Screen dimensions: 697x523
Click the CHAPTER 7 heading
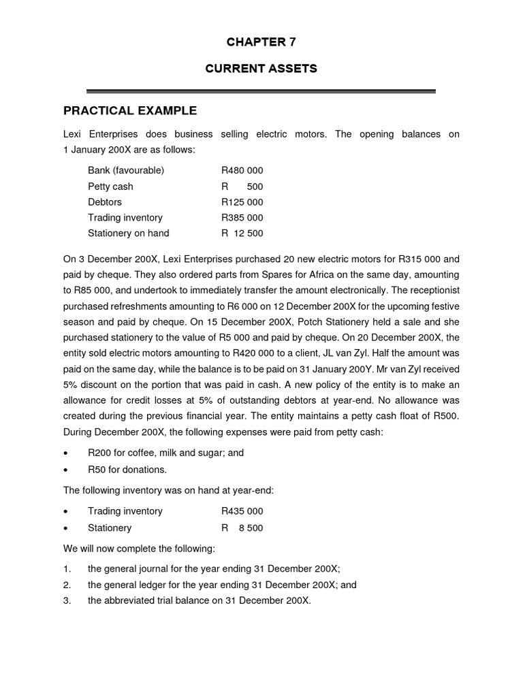[261, 42]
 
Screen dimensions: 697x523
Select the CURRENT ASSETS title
[261, 69]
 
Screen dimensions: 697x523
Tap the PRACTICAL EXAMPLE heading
[130, 110]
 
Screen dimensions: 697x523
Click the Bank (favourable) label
[126, 170]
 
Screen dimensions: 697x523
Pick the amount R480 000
[242, 170]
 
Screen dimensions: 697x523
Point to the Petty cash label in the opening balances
[110, 187]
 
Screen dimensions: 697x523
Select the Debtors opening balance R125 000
[242, 202]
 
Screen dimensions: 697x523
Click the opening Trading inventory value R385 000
[242, 218]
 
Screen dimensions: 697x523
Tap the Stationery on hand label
[128, 233]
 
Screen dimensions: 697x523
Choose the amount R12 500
[242, 233]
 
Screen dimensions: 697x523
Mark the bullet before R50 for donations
[65, 470]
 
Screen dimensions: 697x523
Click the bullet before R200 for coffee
[65, 453]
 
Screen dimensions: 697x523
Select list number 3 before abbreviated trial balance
[67, 600]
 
